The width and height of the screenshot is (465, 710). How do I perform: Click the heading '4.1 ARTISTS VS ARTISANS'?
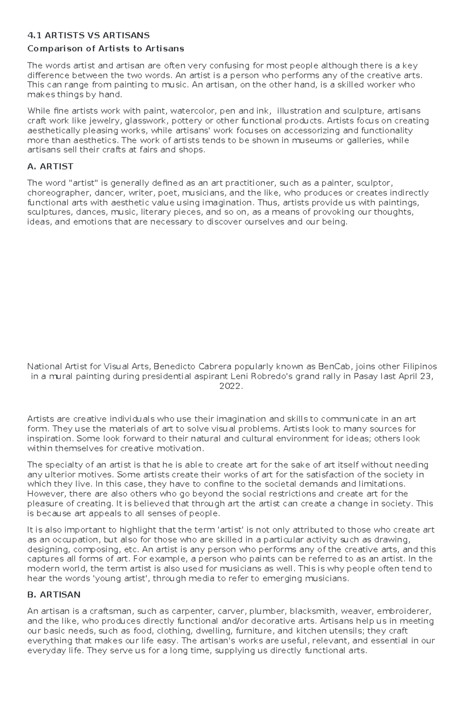tap(88, 36)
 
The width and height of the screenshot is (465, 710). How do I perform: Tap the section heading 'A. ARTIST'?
tap(50, 167)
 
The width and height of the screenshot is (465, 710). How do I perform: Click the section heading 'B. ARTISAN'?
tap(54, 595)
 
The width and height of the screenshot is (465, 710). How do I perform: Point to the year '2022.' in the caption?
tap(231, 386)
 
